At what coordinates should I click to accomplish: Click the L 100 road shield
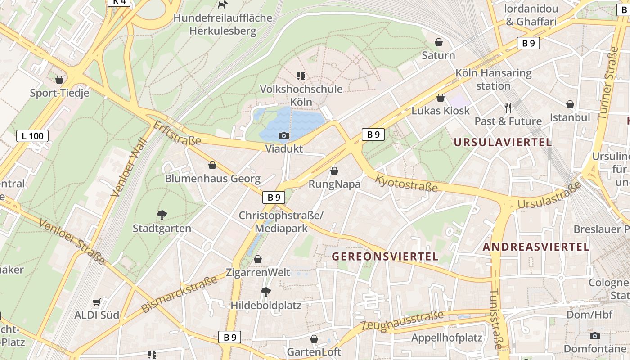tap(32, 135)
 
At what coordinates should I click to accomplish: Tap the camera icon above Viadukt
tap(283, 135)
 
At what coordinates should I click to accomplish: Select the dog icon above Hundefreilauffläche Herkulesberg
tap(222, 4)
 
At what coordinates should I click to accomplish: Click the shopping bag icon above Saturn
tap(438, 42)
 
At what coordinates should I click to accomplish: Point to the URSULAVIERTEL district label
tap(502, 143)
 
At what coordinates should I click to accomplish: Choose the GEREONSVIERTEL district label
tap(385, 256)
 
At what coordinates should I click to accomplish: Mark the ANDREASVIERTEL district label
tap(535, 247)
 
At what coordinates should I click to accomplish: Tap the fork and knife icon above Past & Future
tap(508, 108)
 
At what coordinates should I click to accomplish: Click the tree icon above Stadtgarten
tap(162, 215)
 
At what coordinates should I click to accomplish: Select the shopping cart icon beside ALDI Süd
tap(96, 302)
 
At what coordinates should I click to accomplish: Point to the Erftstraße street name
tap(177, 133)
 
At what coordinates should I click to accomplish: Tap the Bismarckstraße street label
tap(179, 295)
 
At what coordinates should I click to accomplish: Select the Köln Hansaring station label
tap(493, 79)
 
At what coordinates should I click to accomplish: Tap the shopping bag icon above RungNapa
tap(334, 171)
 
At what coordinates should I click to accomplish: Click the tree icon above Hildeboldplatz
tap(265, 292)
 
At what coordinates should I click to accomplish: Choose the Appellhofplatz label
tap(446, 338)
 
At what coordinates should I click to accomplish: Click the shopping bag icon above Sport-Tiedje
tap(59, 80)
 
